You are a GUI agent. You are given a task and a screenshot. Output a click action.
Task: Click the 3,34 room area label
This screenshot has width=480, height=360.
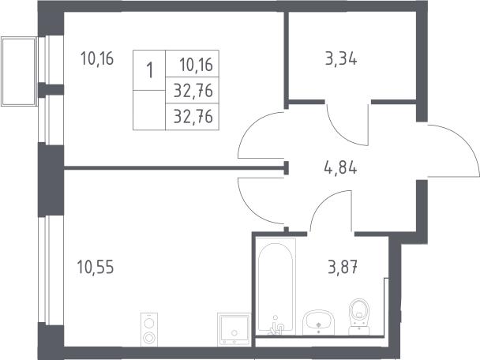pos(341,58)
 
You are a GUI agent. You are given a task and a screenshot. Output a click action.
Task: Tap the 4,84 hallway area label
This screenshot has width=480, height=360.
pos(340,167)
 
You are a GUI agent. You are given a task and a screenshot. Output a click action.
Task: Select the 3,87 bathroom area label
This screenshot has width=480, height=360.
pos(343,267)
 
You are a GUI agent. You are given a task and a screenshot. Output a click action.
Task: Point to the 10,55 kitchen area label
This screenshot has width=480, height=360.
pos(96,267)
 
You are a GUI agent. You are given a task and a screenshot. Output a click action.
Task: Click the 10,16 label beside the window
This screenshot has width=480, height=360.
pos(97,58)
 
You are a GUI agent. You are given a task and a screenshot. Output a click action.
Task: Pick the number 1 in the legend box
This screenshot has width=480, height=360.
pos(150,70)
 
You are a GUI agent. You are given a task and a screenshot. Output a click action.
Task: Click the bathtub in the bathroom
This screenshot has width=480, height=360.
pos(276,287)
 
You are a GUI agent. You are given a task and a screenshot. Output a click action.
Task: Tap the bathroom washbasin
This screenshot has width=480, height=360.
pos(318,322)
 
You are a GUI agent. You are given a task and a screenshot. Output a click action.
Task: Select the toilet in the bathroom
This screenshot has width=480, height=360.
pos(359,317)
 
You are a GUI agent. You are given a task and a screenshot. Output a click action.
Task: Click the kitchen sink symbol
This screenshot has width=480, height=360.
pos(234,329)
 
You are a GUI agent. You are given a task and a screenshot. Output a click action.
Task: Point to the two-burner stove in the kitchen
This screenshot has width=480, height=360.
pos(149,330)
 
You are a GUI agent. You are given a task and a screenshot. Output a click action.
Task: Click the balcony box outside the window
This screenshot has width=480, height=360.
pos(19,71)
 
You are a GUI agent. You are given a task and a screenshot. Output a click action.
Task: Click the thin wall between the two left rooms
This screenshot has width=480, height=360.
pos(174,167)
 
